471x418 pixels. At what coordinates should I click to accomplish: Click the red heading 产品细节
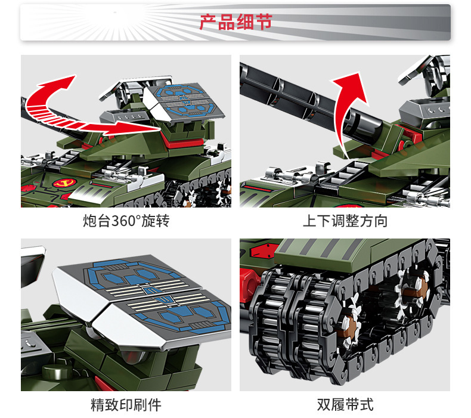click(236, 22)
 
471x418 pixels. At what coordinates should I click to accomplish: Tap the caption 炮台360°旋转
click(126, 221)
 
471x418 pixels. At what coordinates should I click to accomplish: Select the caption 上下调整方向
click(345, 221)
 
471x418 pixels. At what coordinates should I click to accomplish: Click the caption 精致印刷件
click(126, 405)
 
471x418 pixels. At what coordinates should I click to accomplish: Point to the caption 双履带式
click(345, 405)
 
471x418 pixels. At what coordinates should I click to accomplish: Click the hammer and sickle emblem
click(64, 182)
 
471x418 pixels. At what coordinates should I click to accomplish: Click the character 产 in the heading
click(208, 22)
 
